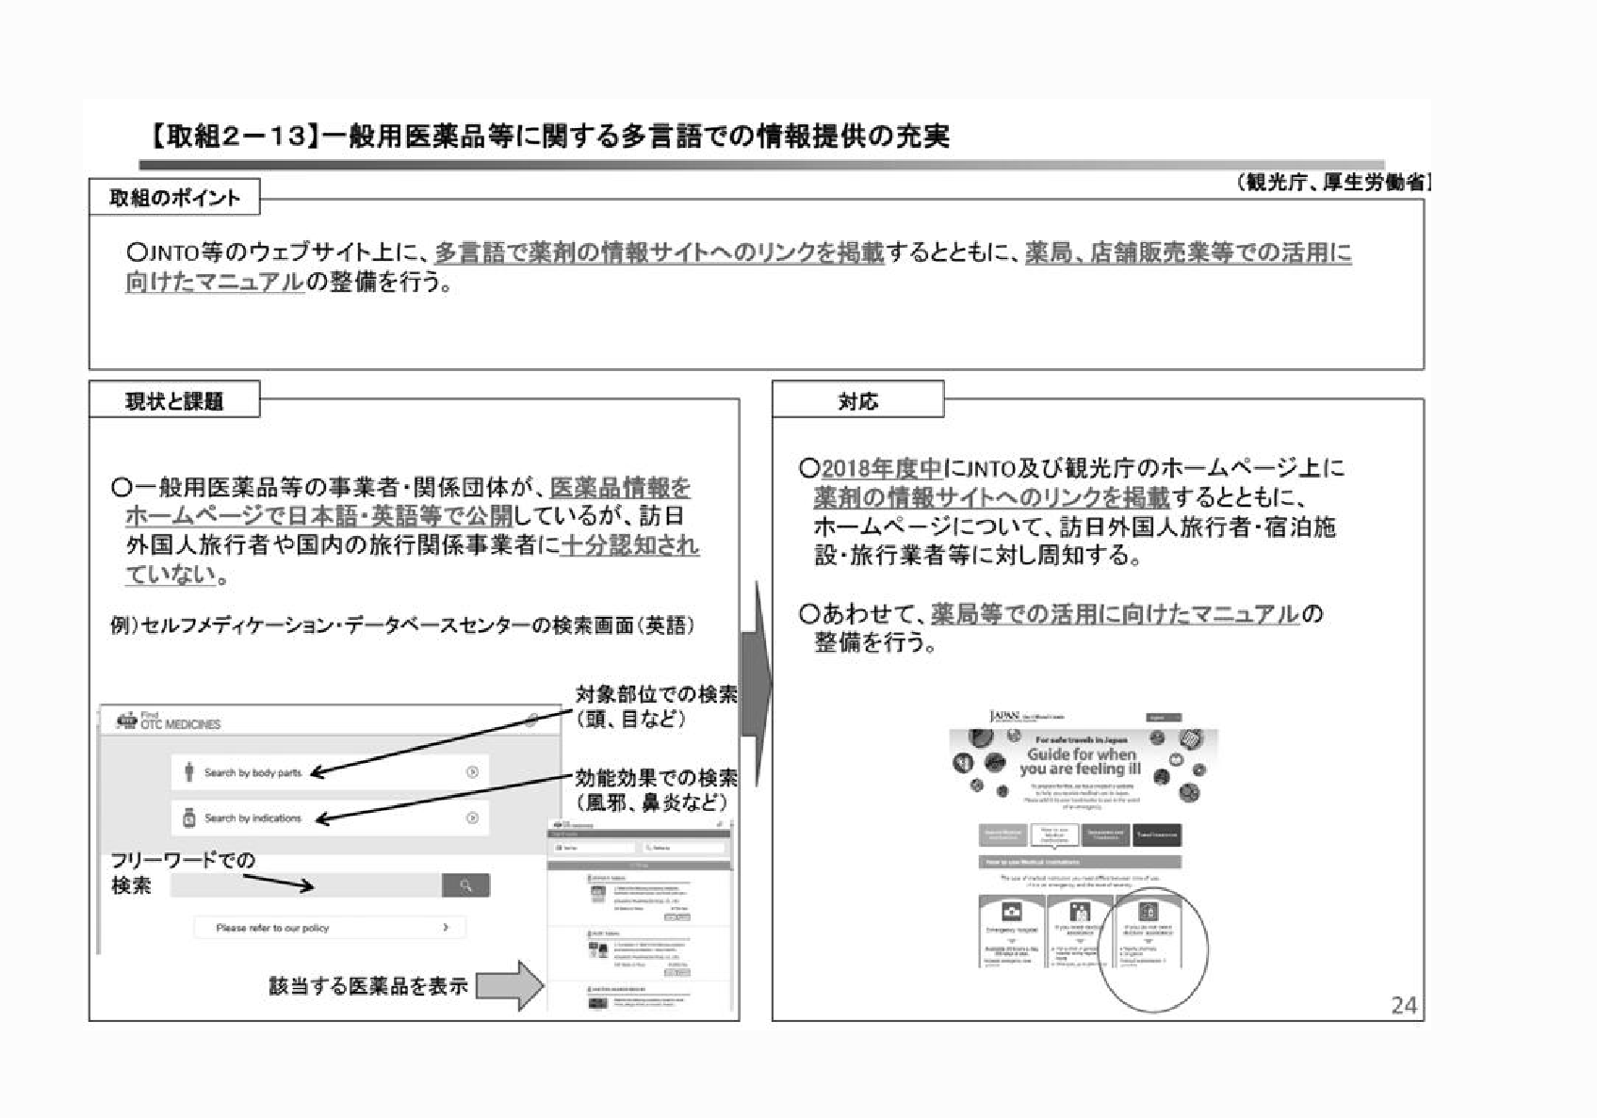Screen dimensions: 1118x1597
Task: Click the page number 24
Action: [x=1403, y=1006]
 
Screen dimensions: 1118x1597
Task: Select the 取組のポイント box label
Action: [x=174, y=198]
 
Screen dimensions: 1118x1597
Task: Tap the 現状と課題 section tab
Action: [x=174, y=401]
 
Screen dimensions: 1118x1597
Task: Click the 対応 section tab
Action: [x=857, y=401]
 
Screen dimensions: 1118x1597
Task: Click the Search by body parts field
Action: [x=330, y=772]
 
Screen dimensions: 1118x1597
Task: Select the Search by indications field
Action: [x=330, y=818]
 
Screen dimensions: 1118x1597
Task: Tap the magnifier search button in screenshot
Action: [x=465, y=885]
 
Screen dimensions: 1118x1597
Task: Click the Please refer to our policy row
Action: [x=330, y=928]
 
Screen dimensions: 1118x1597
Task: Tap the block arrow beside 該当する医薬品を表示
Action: [x=510, y=985]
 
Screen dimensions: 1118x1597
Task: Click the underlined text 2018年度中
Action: [x=882, y=468]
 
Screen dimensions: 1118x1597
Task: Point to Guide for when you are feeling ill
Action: [x=1081, y=761]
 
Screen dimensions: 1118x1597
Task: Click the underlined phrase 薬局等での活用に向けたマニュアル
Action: [x=1115, y=614]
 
